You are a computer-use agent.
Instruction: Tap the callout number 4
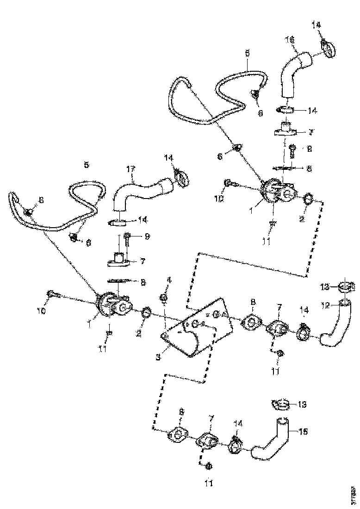coord(169,280)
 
